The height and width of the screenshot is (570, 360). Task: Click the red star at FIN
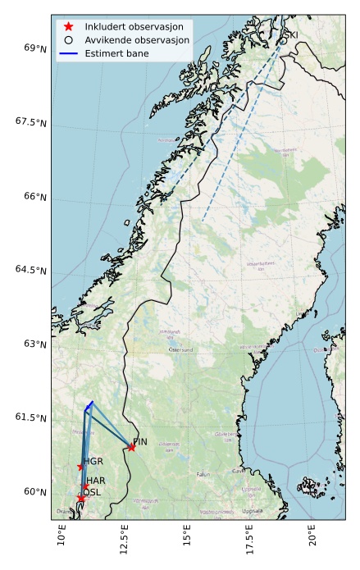[131, 447]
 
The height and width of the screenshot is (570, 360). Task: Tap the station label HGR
[93, 462]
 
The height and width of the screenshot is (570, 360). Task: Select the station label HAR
[96, 481]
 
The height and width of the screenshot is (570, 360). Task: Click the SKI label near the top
[290, 36]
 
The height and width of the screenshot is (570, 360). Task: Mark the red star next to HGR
[80, 467]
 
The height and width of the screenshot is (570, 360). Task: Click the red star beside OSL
[80, 498]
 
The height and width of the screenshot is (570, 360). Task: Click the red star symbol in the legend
[69, 26]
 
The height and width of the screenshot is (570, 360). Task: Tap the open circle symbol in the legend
[69, 39]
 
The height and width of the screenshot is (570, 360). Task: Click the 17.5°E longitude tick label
[249, 542]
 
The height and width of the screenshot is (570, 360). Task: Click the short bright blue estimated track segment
[89, 405]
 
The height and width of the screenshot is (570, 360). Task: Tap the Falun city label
[204, 474]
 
